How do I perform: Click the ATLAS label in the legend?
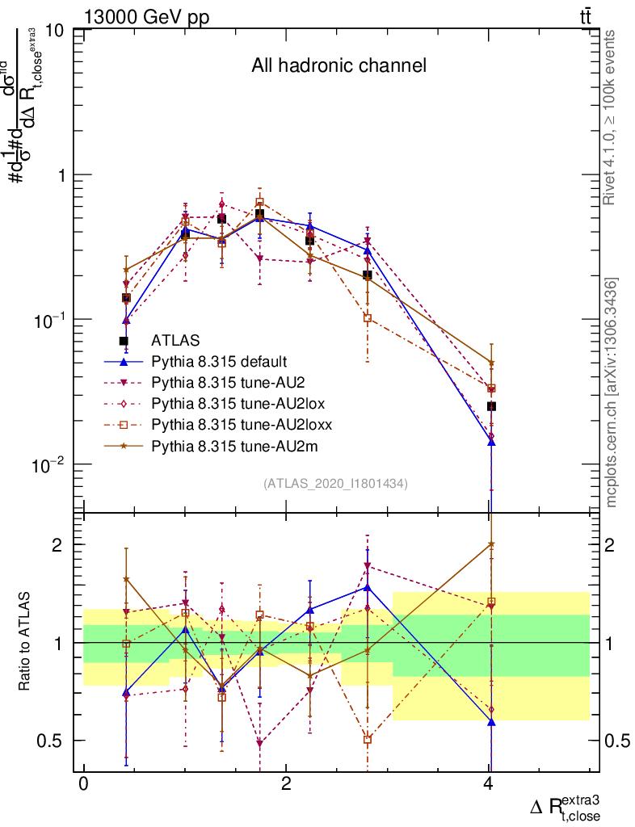point(175,340)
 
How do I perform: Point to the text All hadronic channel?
point(339,65)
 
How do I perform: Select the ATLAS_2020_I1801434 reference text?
point(335,483)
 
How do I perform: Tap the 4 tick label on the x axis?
point(488,786)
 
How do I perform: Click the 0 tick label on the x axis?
point(83,786)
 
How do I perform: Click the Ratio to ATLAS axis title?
point(25,642)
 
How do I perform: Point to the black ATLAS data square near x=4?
point(491,406)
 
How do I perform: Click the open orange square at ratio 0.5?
point(368,739)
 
